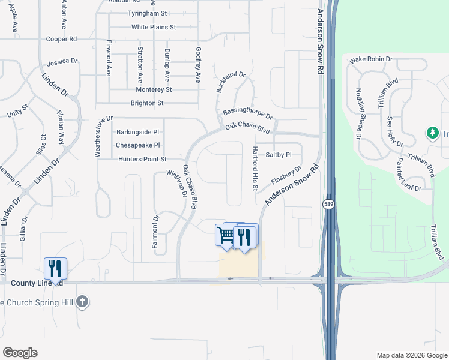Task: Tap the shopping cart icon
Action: pyautogui.click(x=226, y=235)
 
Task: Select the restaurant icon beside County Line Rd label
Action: pyautogui.click(x=55, y=268)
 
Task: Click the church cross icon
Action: pyautogui.click(x=83, y=301)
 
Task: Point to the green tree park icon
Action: pyautogui.click(x=432, y=133)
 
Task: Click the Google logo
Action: pyautogui.click(x=20, y=353)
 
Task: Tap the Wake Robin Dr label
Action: pyautogui.click(x=371, y=59)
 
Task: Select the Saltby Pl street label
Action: pyautogui.click(x=279, y=154)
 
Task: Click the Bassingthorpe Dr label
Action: pyautogui.click(x=247, y=112)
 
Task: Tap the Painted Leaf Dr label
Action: pyautogui.click(x=408, y=175)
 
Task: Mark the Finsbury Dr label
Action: pyautogui.click(x=285, y=175)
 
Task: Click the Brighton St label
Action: pyautogui.click(x=147, y=103)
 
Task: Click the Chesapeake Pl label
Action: pyautogui.click(x=138, y=145)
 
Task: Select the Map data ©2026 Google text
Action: pyautogui.click(x=411, y=355)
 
